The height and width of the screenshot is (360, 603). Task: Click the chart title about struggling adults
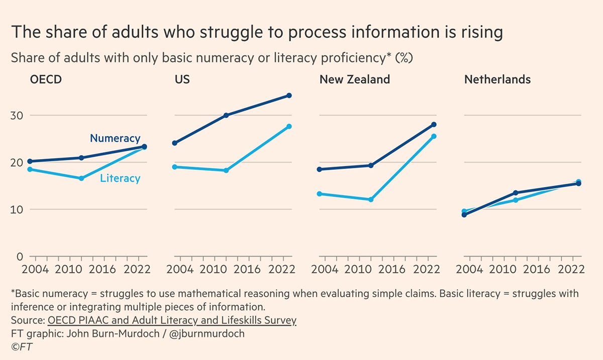(x=256, y=33)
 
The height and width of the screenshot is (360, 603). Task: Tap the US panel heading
(x=183, y=80)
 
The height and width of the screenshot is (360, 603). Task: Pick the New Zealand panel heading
(x=355, y=80)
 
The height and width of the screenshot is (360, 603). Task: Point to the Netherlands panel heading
(x=497, y=80)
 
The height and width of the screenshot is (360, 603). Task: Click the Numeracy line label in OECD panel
(x=115, y=139)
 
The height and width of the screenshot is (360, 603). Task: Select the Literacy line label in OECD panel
(x=120, y=178)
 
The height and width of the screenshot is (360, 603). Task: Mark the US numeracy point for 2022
(x=289, y=95)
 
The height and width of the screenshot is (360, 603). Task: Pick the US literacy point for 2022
(x=289, y=127)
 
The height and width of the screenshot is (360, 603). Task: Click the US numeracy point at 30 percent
(x=226, y=115)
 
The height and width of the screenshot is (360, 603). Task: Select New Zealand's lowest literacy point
(x=371, y=199)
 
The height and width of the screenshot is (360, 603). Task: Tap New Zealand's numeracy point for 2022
(x=434, y=125)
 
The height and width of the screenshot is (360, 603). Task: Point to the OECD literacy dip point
(x=81, y=178)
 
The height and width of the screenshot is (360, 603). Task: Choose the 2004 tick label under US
(x=179, y=269)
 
